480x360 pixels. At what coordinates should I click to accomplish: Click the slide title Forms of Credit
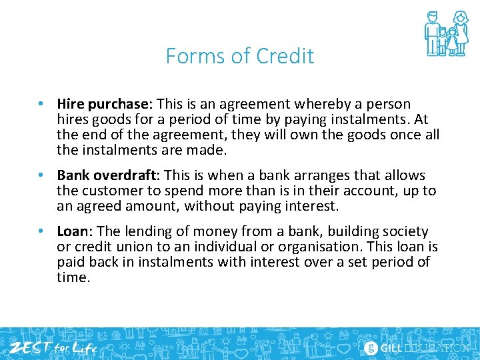click(240, 56)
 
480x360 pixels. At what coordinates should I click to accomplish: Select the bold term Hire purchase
click(105, 104)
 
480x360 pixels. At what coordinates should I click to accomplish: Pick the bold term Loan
click(73, 231)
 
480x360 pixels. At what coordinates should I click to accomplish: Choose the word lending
click(147, 231)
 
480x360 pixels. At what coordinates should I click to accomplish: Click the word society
click(405, 231)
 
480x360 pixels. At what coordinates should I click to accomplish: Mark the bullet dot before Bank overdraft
click(41, 176)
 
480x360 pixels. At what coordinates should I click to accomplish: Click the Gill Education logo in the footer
click(417, 347)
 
